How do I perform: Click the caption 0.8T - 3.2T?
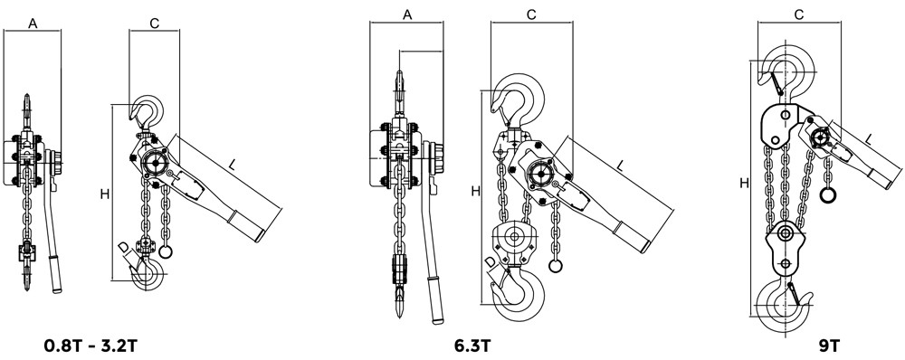tap(90, 346)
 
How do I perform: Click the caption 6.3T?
tap(472, 346)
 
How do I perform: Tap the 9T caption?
tap(829, 346)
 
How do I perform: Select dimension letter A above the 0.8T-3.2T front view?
tap(33, 23)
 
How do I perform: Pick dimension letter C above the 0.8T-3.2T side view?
tap(154, 24)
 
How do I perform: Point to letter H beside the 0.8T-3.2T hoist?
tap(104, 194)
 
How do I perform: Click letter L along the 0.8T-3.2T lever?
tap(232, 165)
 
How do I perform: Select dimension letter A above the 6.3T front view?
tap(407, 15)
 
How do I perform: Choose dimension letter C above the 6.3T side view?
tap(531, 15)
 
